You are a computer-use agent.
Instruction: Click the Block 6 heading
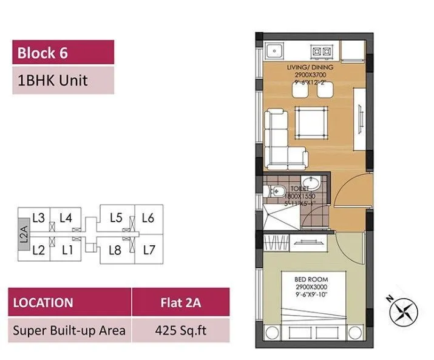click(42, 52)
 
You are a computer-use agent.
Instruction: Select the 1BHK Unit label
click(53, 80)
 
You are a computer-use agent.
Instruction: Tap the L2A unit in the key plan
click(23, 234)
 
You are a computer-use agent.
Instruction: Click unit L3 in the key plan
click(38, 218)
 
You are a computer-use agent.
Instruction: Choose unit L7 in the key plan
click(149, 249)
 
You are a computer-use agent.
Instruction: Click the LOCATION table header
click(43, 302)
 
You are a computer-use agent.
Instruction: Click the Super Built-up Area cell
click(70, 330)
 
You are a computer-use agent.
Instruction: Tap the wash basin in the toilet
click(314, 185)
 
